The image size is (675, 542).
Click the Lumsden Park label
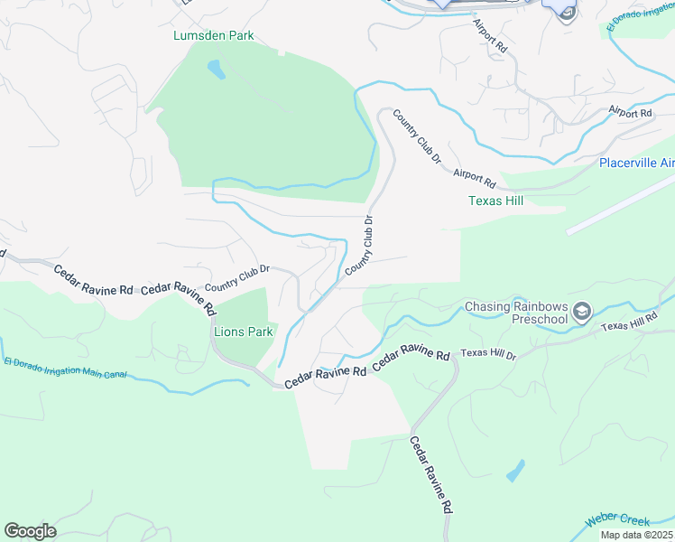[x=214, y=36]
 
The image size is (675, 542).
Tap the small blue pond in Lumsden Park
[x=216, y=69]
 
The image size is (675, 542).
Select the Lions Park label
[x=243, y=332]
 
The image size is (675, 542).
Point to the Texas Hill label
[x=495, y=201]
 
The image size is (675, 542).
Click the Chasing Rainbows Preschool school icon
[x=582, y=313]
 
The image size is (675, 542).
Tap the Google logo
[x=30, y=531]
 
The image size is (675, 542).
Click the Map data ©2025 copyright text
[x=635, y=535]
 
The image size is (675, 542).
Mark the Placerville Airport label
[x=637, y=163]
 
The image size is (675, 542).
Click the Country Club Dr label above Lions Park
[x=238, y=277]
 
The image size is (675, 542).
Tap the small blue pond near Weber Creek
[x=514, y=471]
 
